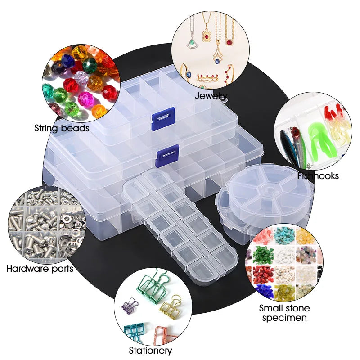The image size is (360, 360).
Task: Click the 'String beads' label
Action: pos(62,128)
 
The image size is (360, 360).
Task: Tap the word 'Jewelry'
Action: pos(211,95)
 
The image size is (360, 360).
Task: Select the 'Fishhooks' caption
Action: pos(318,176)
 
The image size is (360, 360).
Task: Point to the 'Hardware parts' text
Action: pos(40,269)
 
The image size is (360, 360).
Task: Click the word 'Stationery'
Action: pos(150,350)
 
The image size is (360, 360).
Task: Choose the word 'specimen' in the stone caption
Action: pos(284,318)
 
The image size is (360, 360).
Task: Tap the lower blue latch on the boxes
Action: pos(168,155)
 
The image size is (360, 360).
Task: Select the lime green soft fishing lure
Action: pos(320,135)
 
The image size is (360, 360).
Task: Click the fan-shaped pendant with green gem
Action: pos(191,43)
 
